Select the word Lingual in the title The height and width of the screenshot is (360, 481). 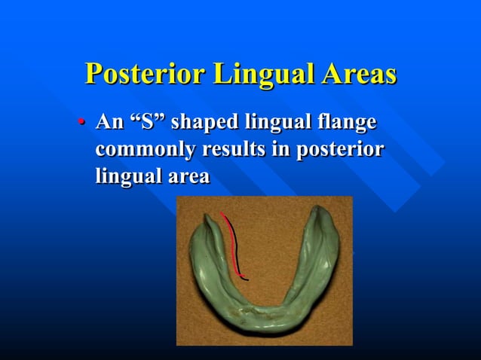pos(256,75)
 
